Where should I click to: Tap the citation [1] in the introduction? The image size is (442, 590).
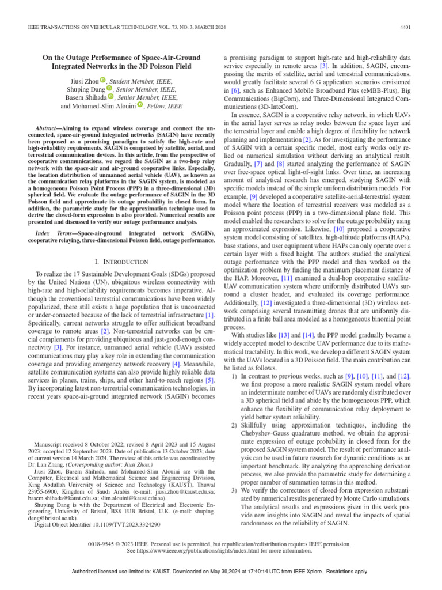[x=210, y=315]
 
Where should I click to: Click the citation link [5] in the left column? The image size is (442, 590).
[x=210, y=380]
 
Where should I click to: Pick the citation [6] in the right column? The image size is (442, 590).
[x=235, y=91]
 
